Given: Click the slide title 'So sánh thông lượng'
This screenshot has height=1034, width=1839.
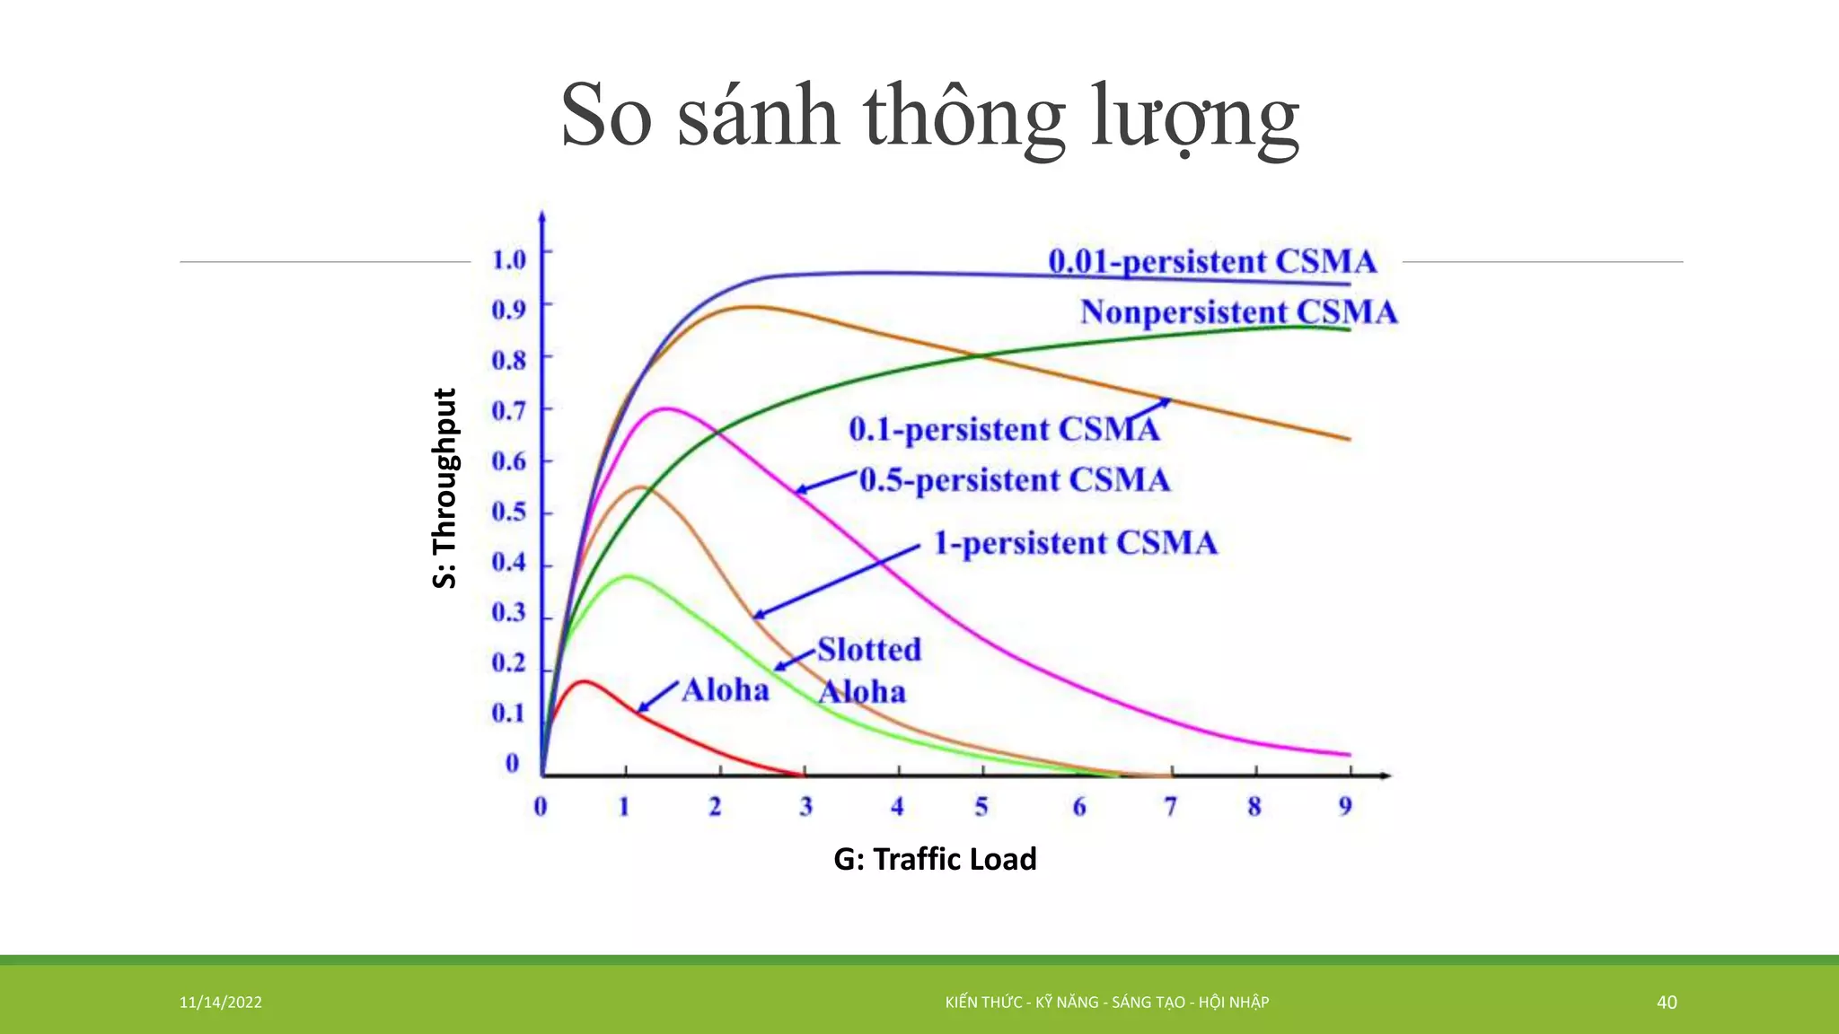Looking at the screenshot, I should coord(930,117).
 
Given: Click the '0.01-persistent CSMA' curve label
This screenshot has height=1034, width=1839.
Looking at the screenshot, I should coord(1211,261).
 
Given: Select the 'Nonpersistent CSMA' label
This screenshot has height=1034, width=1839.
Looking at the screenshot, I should coord(1238,312).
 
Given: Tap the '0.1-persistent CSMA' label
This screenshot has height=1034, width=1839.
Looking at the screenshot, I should coord(1004,429).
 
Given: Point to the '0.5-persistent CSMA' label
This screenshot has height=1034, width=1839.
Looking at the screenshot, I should coord(1015,480).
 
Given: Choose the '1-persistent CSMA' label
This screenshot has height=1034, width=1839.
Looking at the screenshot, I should coord(1075,543).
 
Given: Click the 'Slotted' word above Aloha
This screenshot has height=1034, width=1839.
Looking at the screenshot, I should coord(869,649).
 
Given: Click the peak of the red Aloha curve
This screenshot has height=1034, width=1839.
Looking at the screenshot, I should coord(585,681).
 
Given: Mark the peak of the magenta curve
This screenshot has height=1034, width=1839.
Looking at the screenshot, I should coord(666,409).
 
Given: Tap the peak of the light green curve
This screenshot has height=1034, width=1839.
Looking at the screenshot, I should coord(628,576).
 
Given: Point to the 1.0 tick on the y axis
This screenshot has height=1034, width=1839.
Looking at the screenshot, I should coord(508,259).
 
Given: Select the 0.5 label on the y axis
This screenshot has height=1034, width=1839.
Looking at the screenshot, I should coord(508,512).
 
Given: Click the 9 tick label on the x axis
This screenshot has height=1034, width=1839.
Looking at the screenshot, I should coord(1345,806).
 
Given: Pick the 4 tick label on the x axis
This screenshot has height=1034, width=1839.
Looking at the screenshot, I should coord(897,806).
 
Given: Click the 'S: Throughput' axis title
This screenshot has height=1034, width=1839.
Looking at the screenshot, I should coord(445,488).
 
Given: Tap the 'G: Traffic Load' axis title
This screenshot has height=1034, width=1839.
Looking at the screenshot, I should coord(935,859).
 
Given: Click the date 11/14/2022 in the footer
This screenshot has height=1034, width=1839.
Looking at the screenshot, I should coord(221,1003).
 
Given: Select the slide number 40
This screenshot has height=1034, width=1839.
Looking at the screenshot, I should coord(1667,1003).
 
